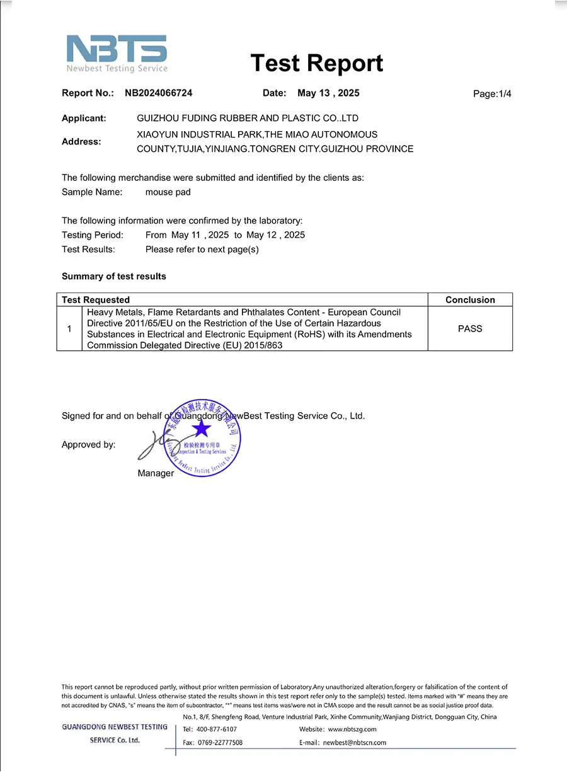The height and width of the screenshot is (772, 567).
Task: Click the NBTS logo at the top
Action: pos(117,53)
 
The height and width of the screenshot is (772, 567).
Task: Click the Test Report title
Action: pos(316,63)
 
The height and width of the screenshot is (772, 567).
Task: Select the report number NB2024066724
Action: pos(158,93)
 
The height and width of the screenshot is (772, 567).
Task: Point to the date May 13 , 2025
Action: pos(328,93)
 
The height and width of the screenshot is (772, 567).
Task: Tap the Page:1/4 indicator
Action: pos(492,94)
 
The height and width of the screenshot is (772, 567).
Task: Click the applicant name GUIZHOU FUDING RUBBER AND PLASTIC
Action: pos(248,118)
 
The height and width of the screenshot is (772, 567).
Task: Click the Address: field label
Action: pos(81,142)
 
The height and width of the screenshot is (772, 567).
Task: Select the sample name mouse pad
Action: pos(168,192)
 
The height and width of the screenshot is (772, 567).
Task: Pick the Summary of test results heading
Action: pos(114,277)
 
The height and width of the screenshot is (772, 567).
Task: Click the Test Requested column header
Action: pos(96,300)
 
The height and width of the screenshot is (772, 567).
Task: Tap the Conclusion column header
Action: pos(470,300)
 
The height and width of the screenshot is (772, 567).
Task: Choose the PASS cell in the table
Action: pos(470,328)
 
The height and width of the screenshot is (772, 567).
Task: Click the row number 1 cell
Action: pos(69,328)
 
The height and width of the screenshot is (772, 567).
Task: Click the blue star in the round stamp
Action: pos(202,429)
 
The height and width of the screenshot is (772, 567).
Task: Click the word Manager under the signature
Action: pos(156,473)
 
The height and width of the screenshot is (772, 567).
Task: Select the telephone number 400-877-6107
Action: pos(216,729)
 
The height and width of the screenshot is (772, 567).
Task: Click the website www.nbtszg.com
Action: pos(352,729)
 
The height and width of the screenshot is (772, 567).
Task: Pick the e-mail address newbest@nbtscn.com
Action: pos(355,743)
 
